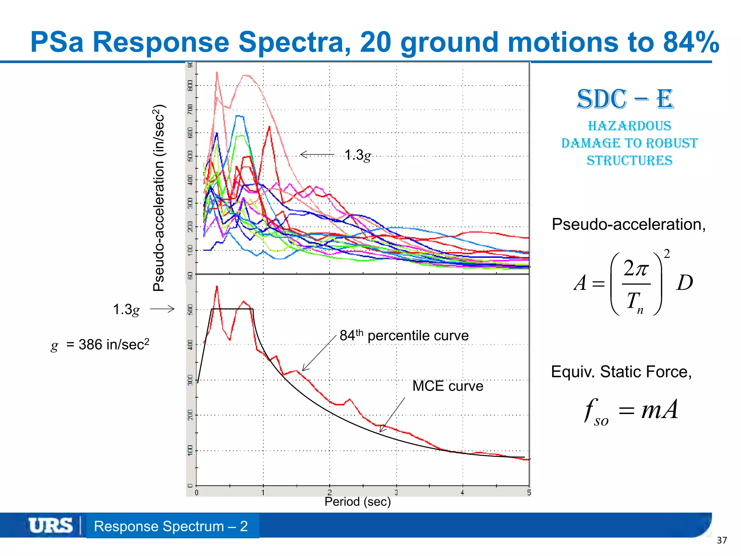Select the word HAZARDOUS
(x=630, y=126)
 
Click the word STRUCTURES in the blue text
(x=630, y=160)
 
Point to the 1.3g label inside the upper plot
(x=357, y=155)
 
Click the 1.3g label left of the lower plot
(x=126, y=310)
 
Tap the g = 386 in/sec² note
(x=100, y=345)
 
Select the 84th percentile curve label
(x=404, y=336)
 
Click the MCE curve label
(x=448, y=386)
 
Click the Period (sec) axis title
(x=357, y=502)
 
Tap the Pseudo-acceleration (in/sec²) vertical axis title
(x=159, y=198)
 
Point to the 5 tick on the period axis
(x=529, y=493)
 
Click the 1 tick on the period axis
(x=263, y=493)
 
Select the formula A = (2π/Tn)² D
(x=633, y=283)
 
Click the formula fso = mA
(x=631, y=411)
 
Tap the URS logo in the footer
(x=50, y=526)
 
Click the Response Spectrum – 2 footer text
(x=171, y=526)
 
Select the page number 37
(x=721, y=540)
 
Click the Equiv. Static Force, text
(x=621, y=372)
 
